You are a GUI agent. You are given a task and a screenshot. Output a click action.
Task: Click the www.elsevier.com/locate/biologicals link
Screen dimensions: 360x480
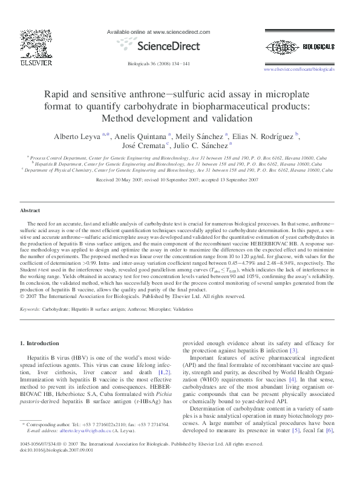point(299,70)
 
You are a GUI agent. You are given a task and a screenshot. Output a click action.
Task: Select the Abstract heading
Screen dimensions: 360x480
point(30,210)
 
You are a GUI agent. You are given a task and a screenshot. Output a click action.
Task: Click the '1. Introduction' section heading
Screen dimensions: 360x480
point(40,343)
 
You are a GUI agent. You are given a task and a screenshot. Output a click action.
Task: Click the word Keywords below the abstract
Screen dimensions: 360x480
point(30,309)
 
